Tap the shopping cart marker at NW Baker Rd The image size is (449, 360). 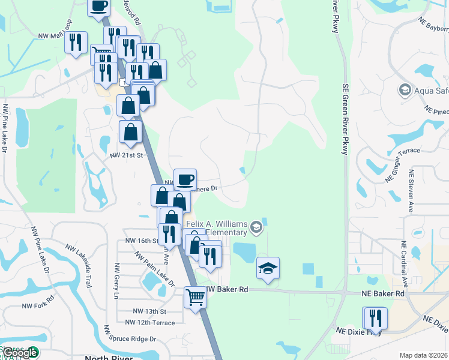(196, 297)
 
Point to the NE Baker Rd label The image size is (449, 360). (383, 293)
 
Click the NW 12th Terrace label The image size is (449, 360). (155, 323)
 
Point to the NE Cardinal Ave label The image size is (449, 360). (405, 264)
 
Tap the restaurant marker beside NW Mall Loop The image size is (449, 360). (76, 43)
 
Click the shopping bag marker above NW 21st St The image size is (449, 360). (131, 132)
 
